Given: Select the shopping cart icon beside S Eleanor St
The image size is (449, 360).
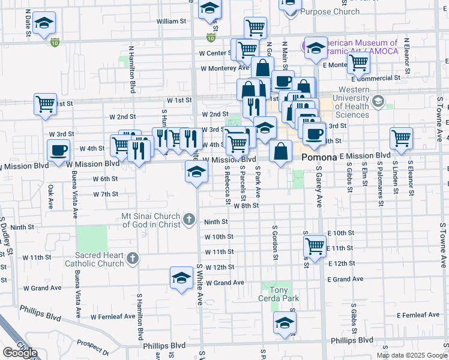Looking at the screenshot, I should [x=401, y=137].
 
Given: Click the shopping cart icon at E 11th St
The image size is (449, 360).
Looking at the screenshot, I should [x=315, y=245].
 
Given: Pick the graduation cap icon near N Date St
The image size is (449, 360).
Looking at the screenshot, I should [x=44, y=23].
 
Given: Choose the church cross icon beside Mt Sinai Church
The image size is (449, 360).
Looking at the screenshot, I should [x=190, y=219].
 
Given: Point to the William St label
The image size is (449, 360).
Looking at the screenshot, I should [x=171, y=21].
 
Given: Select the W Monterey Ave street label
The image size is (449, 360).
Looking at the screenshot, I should [x=224, y=68].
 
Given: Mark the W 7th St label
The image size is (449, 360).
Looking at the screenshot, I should [x=106, y=194].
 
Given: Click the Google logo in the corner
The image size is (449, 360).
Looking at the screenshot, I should [x=19, y=353].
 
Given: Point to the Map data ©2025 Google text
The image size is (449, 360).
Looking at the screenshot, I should [x=411, y=355].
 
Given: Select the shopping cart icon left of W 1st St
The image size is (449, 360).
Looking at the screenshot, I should [x=45, y=103].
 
